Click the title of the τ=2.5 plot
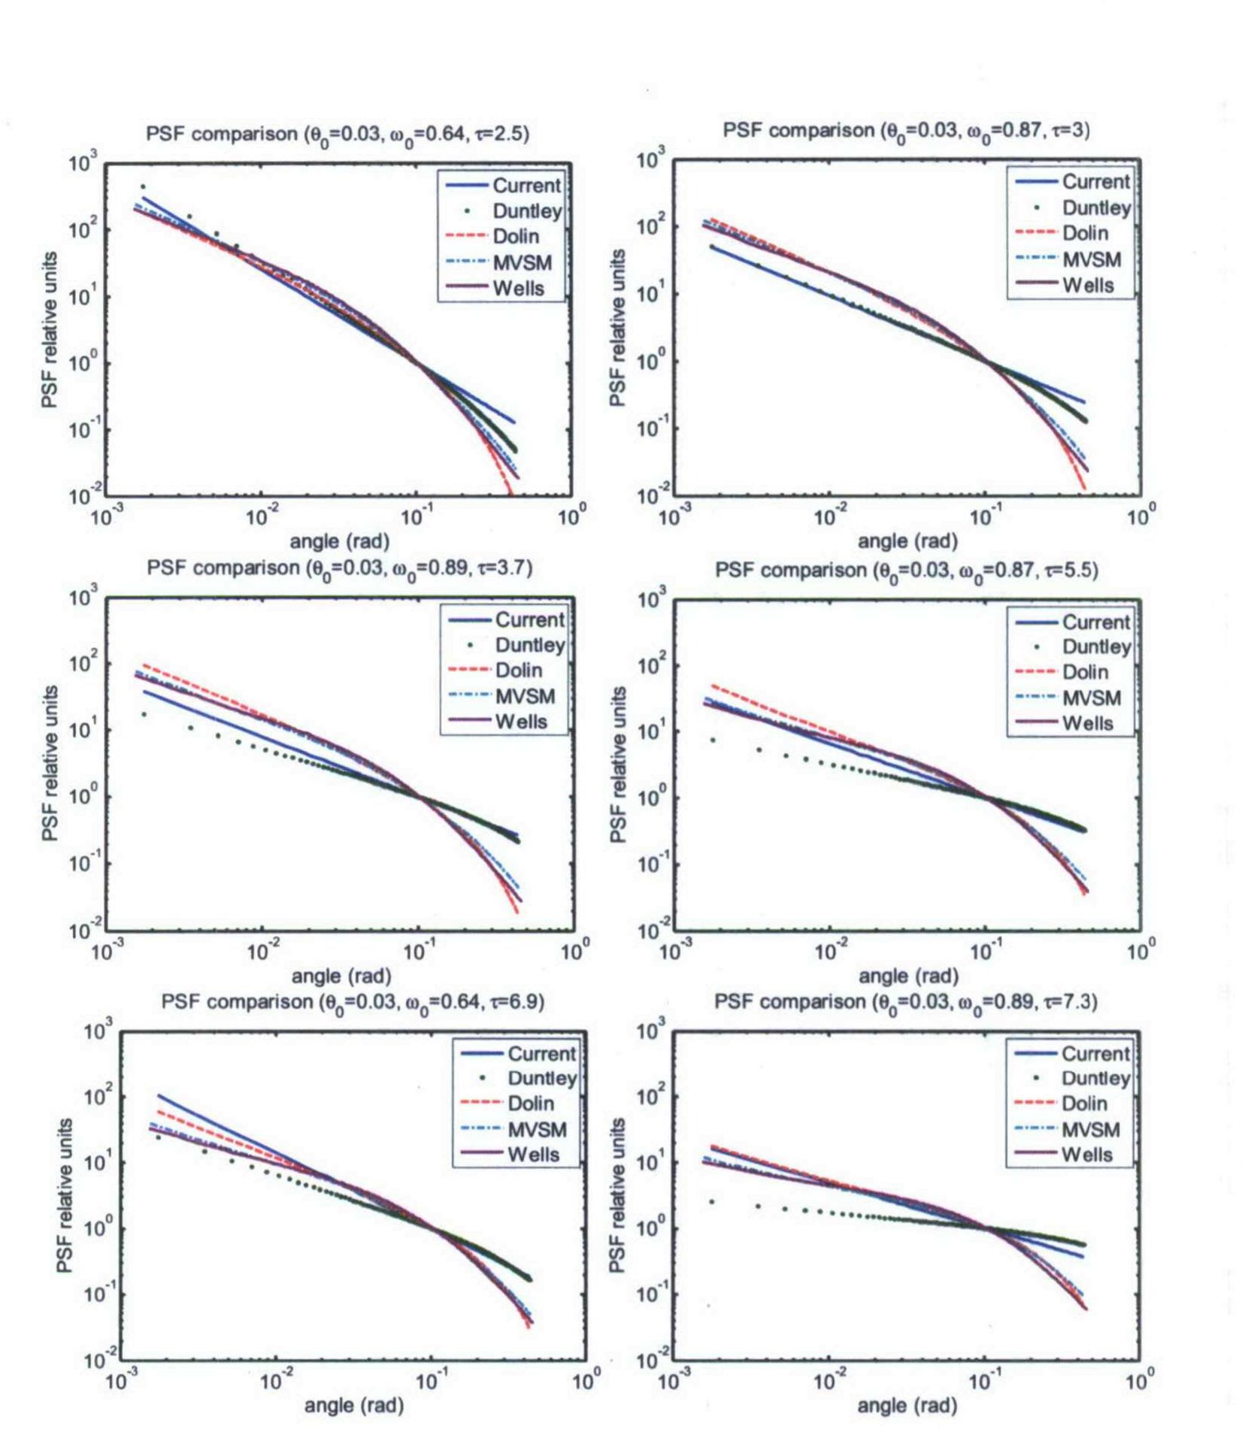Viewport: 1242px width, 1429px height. click(338, 135)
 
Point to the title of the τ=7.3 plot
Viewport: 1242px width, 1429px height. click(905, 1002)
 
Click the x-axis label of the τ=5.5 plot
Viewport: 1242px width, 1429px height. click(908, 976)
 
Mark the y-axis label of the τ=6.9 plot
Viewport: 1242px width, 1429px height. click(65, 1195)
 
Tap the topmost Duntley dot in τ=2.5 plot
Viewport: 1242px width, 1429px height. click(143, 186)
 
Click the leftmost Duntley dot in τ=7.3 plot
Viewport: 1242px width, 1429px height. click(712, 1202)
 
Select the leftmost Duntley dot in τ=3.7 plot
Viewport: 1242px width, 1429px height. click(144, 715)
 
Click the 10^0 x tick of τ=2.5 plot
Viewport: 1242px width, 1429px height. click(571, 517)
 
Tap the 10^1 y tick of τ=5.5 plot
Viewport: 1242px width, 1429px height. click(651, 732)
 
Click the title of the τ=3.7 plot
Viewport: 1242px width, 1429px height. click(340, 568)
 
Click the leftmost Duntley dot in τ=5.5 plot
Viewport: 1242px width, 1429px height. click(713, 740)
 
